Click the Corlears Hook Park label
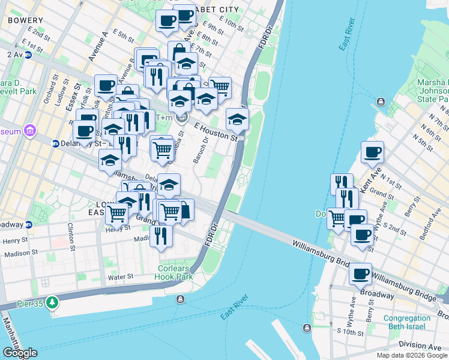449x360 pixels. coord(175,273)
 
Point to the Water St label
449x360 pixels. coord(121,277)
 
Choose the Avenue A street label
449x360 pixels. coord(97,47)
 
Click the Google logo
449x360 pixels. coord(19,353)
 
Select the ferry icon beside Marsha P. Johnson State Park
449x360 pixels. coord(380,103)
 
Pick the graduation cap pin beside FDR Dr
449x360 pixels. coord(238,118)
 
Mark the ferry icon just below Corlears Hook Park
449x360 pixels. coord(179,298)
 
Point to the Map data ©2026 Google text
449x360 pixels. coord(411,355)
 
